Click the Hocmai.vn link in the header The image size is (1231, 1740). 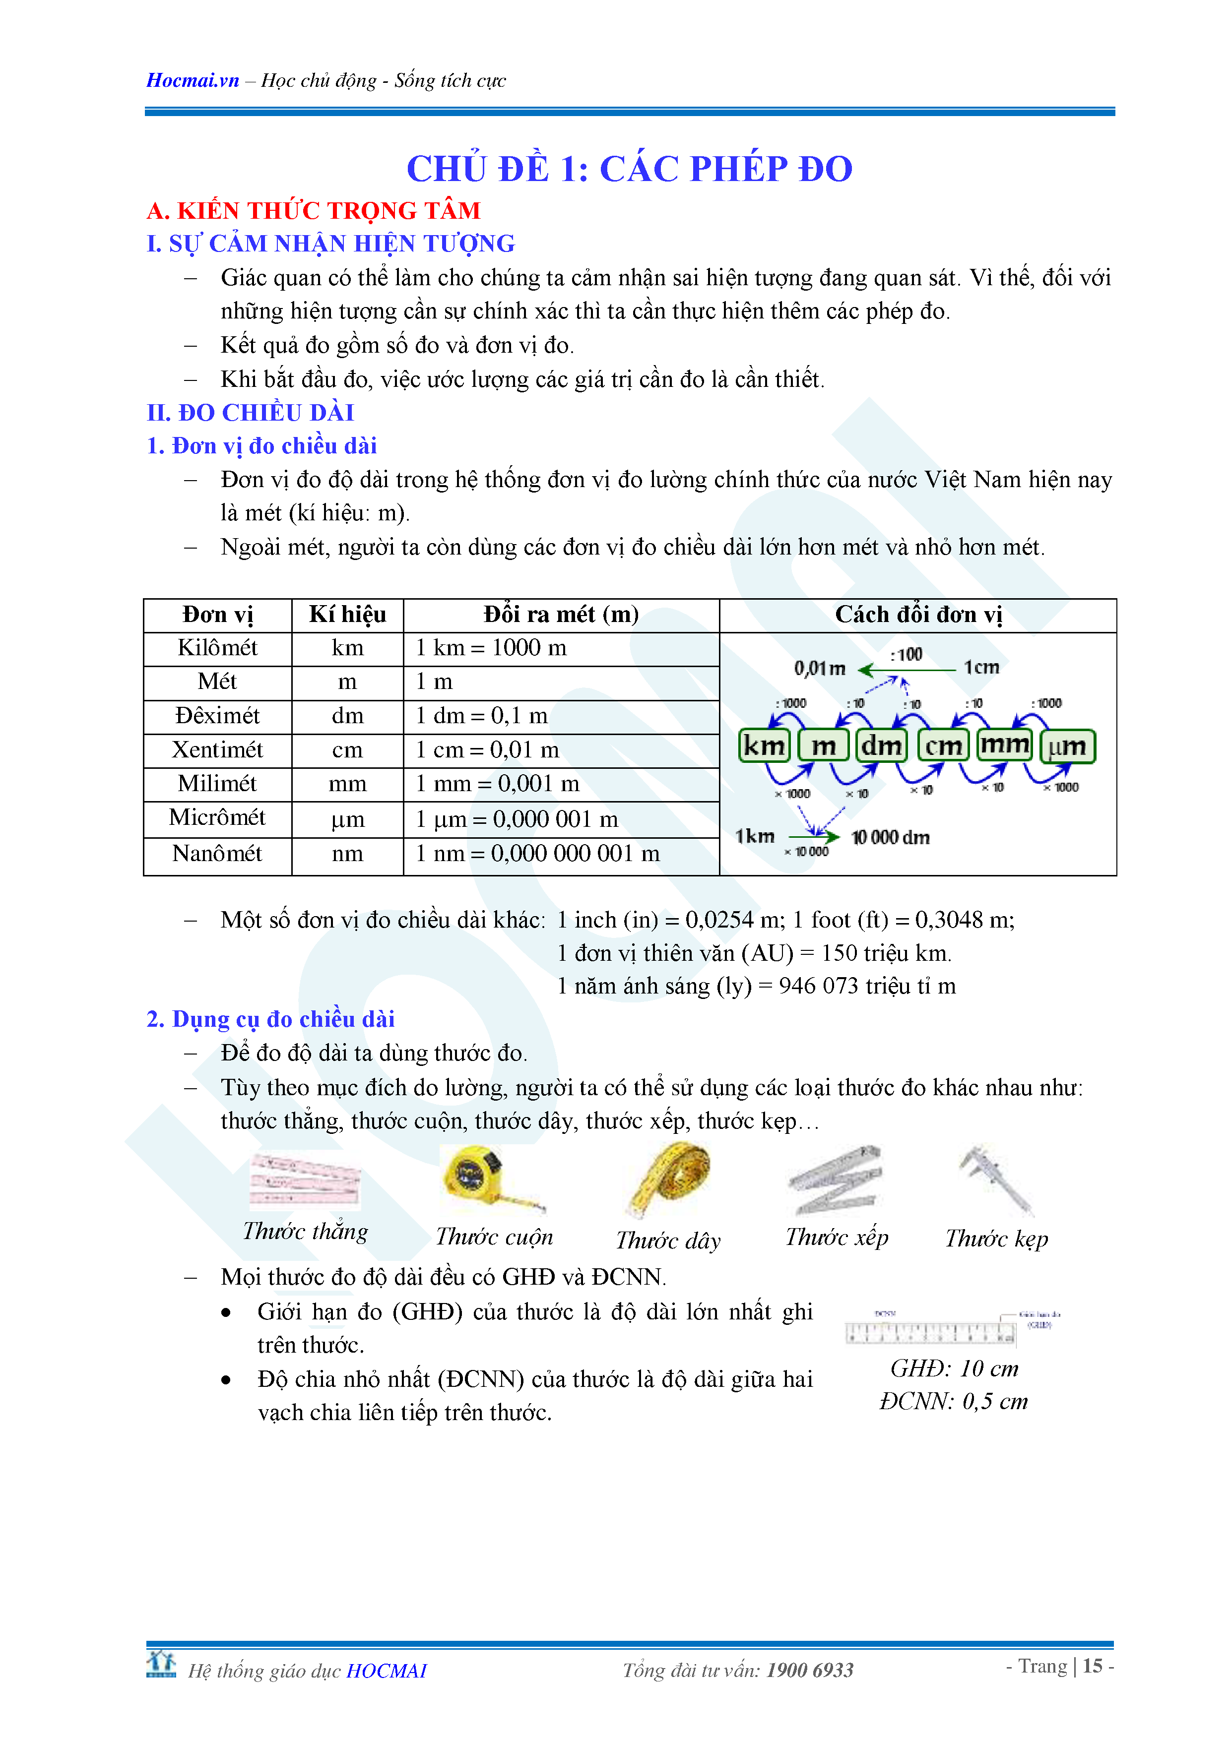click(193, 80)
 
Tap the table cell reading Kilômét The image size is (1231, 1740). click(217, 648)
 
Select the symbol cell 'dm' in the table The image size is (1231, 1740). click(347, 716)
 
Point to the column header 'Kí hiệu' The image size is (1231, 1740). click(347, 615)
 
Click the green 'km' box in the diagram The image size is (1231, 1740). click(764, 746)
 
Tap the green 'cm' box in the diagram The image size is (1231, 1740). click(943, 746)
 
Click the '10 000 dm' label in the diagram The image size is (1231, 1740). click(891, 837)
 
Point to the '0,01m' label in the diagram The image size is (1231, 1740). click(819, 669)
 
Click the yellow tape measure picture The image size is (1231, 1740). click(485, 1179)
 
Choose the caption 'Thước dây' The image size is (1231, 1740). click(668, 1241)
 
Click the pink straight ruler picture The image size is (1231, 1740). click(306, 1181)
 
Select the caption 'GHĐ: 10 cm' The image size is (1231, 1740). click(954, 1368)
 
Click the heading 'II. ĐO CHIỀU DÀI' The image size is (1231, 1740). click(250, 413)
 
